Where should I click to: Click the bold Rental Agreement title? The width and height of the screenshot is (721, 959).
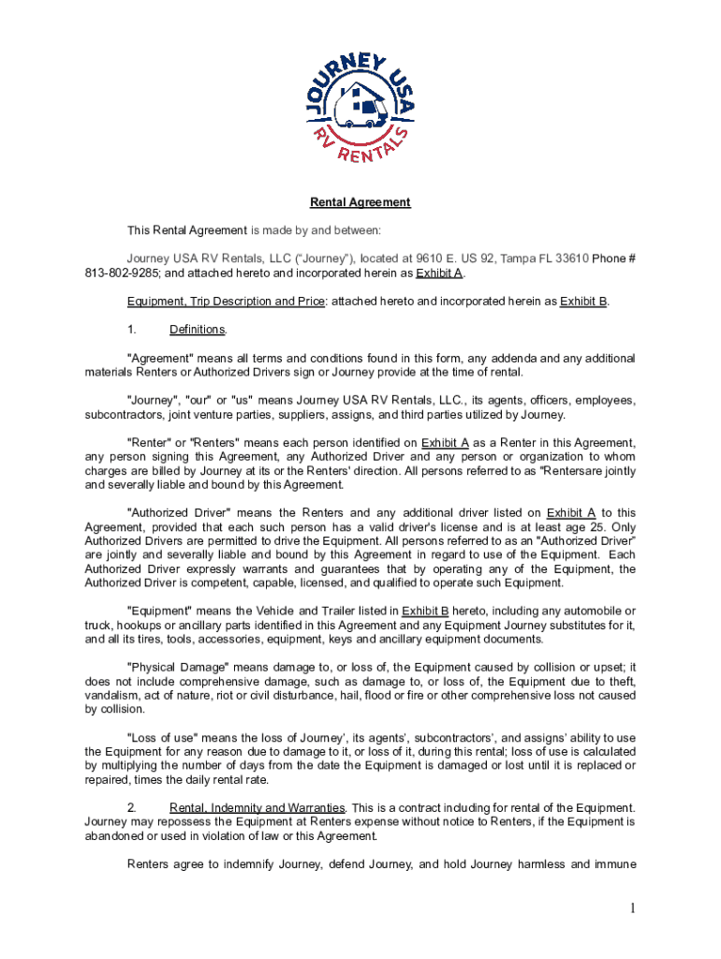point(360,202)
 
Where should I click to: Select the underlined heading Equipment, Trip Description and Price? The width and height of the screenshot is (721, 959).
point(227,302)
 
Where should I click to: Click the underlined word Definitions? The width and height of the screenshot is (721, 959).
point(197,330)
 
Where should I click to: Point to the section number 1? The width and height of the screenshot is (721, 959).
point(132,330)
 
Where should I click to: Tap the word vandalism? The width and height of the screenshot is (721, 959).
point(111,696)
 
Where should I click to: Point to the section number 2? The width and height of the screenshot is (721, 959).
point(132,808)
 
